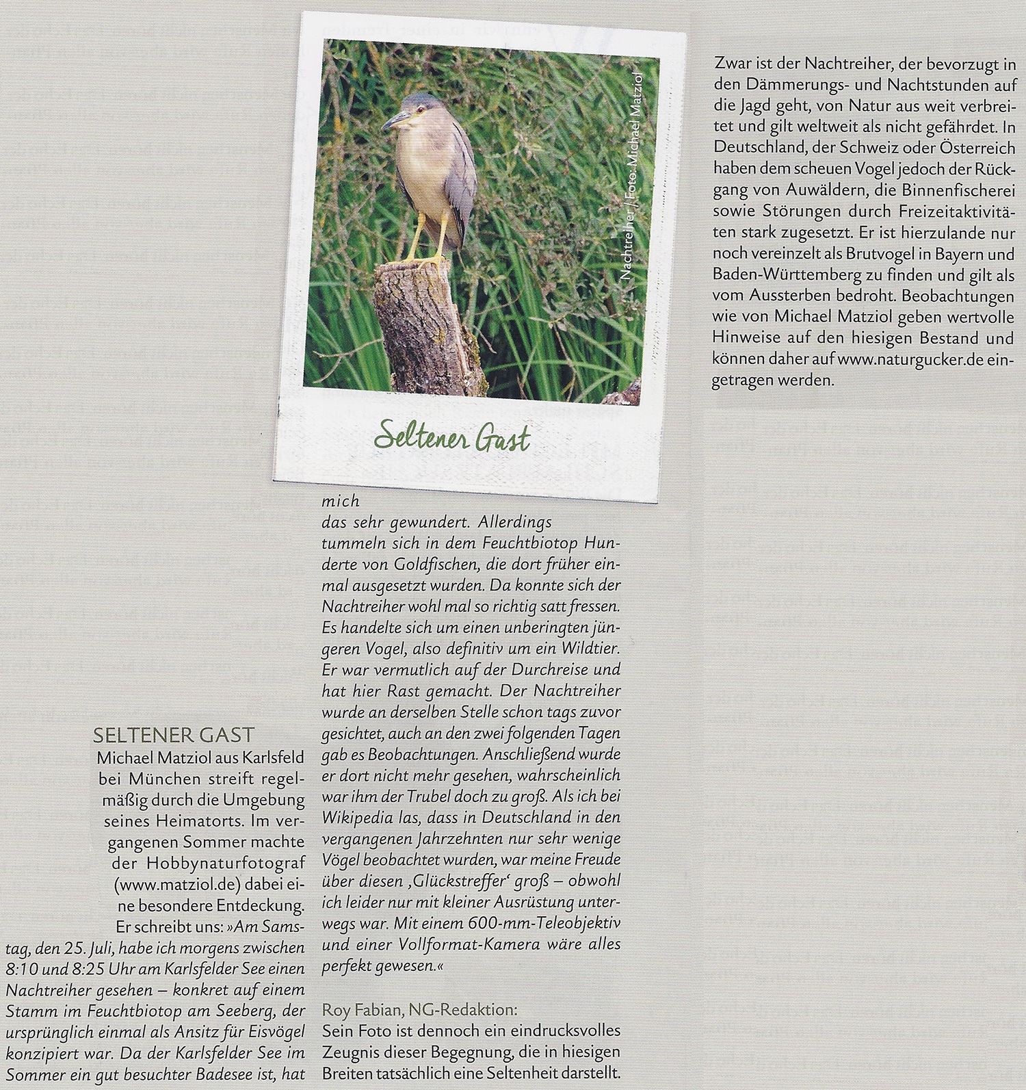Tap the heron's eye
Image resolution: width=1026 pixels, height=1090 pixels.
408,113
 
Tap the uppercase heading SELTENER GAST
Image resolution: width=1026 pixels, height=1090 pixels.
173,736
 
